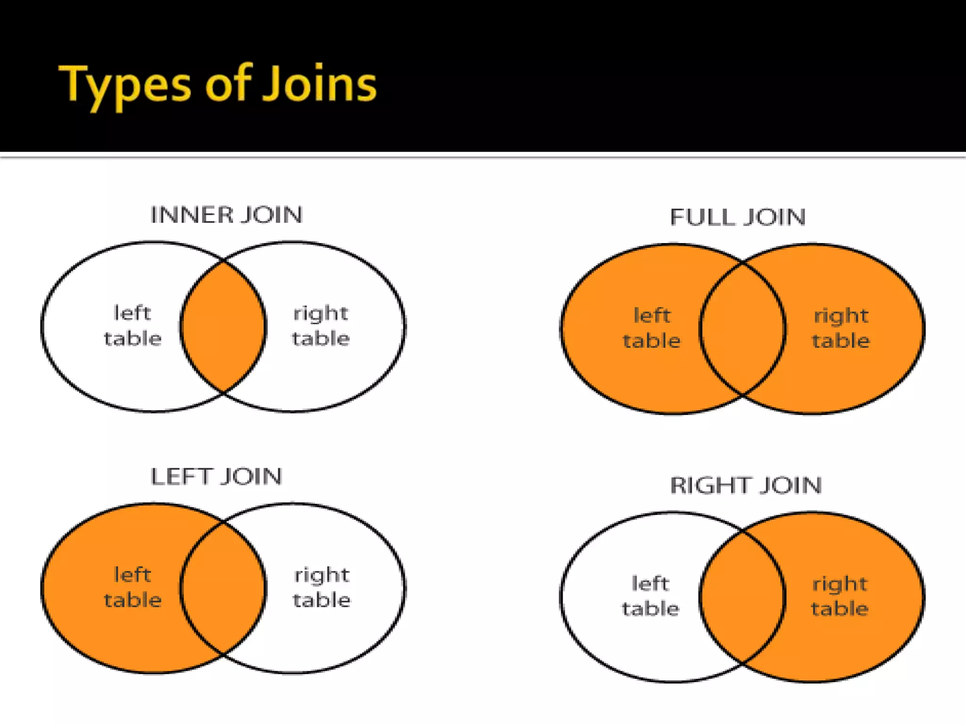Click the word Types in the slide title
click(x=125, y=85)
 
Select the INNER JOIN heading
click(x=226, y=215)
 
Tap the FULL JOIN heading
click(x=738, y=218)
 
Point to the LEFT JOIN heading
click(x=217, y=477)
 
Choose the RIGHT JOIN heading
click(x=746, y=486)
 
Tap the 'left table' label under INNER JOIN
click(x=133, y=326)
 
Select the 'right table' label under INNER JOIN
click(x=321, y=326)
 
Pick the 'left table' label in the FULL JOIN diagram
click(x=651, y=328)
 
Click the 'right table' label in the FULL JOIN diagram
click(x=841, y=328)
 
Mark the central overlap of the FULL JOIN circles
click(x=743, y=329)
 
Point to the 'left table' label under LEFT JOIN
click(x=133, y=588)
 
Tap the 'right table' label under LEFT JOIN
click(x=322, y=588)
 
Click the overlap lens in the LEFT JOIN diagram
click(x=223, y=588)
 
